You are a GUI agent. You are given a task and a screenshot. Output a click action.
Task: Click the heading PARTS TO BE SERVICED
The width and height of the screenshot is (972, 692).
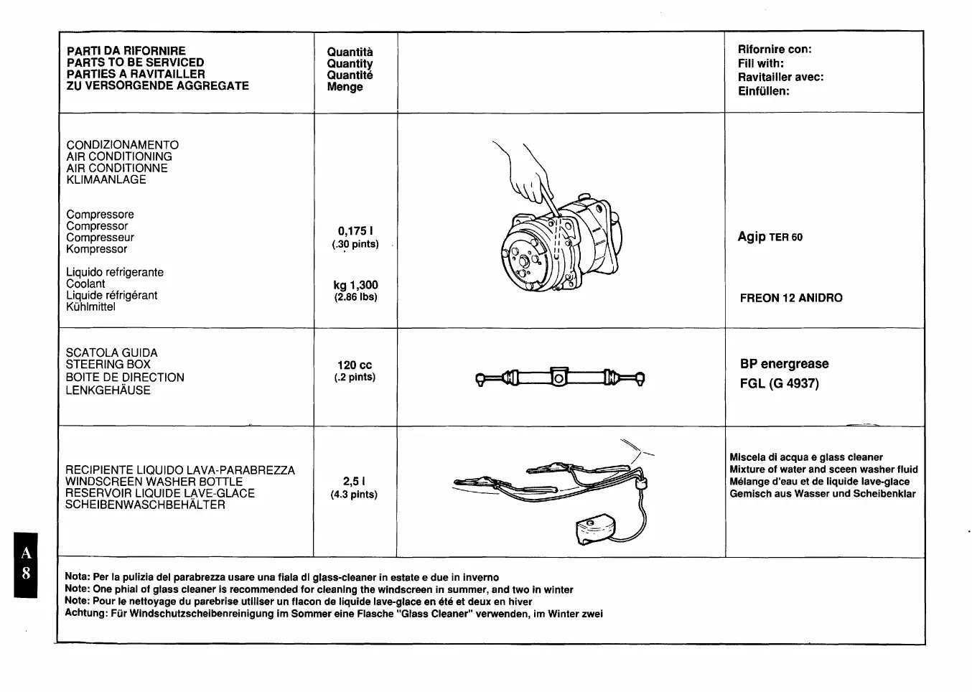point(135,62)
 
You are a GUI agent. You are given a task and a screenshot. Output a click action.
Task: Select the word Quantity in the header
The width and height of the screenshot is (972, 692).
point(350,64)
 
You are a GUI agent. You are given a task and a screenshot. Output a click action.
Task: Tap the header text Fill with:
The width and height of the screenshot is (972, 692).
point(760,63)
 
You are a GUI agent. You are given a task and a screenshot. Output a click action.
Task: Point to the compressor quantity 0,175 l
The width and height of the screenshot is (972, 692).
point(355,231)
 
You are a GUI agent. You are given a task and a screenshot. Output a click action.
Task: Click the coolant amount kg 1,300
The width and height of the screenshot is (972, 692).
point(355,285)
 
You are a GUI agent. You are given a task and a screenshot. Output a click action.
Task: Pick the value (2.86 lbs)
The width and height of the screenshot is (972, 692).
point(355,297)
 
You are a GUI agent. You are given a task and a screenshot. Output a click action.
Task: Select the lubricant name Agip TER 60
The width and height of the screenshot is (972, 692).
point(770,237)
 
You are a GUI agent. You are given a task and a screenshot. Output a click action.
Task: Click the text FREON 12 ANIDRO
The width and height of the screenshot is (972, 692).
point(791,298)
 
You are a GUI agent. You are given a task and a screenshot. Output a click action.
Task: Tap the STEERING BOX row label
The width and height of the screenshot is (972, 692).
point(108,365)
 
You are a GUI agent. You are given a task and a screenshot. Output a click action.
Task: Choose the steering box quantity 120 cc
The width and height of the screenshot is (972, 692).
point(355,365)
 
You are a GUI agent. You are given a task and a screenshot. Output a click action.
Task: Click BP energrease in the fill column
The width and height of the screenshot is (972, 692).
point(784,364)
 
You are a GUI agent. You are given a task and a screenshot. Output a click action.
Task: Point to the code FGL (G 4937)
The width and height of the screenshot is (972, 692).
point(779,383)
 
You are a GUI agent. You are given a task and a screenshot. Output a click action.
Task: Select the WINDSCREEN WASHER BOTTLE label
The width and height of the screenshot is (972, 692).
point(154,482)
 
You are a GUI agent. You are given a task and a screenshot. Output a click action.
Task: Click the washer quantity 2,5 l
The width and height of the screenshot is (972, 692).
point(354,482)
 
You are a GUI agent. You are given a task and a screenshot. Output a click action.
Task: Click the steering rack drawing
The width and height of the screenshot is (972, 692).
point(560,377)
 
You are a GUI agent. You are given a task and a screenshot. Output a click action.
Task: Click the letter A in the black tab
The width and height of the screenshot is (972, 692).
point(26,553)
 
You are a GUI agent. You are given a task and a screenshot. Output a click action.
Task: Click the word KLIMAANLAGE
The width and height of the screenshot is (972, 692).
point(106,179)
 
